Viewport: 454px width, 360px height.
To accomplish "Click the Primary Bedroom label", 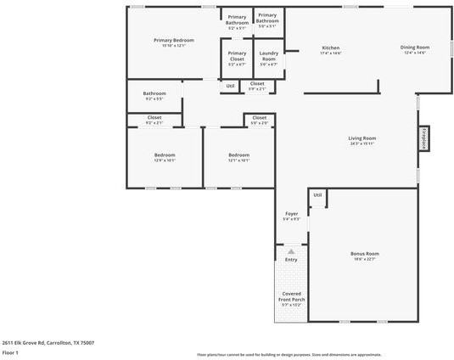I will pyautogui.click(x=174, y=41).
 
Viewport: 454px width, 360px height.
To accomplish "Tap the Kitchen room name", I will pyautogui.click(x=330, y=48).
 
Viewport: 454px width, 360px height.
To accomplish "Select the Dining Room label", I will pyautogui.click(x=415, y=48).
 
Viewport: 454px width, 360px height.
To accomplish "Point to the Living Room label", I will pyautogui.click(x=362, y=138).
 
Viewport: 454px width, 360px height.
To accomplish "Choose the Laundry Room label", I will pyautogui.click(x=268, y=56).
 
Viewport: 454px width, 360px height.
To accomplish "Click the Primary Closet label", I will pyautogui.click(x=237, y=56).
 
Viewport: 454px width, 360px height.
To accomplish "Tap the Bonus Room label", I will pyautogui.click(x=364, y=254).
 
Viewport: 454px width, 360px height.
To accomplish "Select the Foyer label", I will pyautogui.click(x=291, y=213).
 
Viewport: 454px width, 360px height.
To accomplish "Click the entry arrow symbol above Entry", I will pyautogui.click(x=291, y=252).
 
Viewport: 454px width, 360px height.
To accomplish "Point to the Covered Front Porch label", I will pyautogui.click(x=291, y=297).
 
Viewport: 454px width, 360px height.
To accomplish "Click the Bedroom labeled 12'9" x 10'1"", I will pyautogui.click(x=165, y=155).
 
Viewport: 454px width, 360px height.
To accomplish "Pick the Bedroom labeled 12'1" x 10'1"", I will pyautogui.click(x=238, y=155).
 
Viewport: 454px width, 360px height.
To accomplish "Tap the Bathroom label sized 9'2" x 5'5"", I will pyautogui.click(x=154, y=94).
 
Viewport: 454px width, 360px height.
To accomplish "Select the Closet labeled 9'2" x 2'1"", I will pyautogui.click(x=154, y=118).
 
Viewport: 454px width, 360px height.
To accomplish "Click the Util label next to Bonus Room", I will pyautogui.click(x=317, y=195).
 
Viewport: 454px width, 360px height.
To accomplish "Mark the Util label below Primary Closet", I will pyautogui.click(x=230, y=86).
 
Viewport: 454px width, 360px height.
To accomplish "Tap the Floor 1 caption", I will pyautogui.click(x=10, y=352).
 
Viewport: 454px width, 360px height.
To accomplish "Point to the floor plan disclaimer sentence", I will pyautogui.click(x=289, y=354).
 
